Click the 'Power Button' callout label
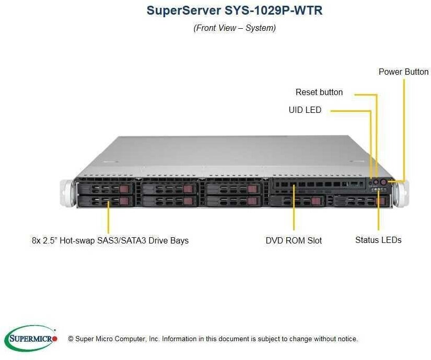(x=403, y=72)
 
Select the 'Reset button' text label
(x=319, y=92)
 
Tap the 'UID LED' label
(x=305, y=110)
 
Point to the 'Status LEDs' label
(x=378, y=240)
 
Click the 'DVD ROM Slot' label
(x=294, y=240)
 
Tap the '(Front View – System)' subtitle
(x=235, y=28)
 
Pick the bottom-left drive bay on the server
(x=104, y=201)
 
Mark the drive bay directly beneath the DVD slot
(x=297, y=201)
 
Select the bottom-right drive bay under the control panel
(x=360, y=201)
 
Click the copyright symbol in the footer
(x=71, y=339)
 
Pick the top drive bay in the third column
(x=232, y=188)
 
